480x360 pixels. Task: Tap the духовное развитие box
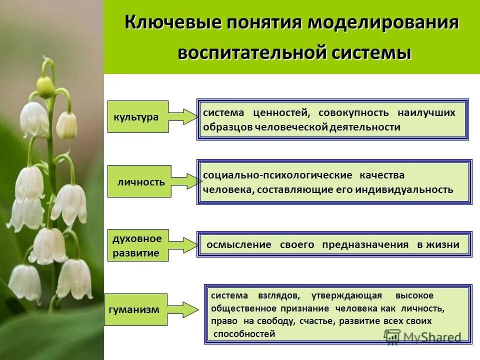tap(137, 245)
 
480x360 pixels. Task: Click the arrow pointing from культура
tap(183, 116)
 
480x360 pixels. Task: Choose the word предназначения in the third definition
tap(365, 245)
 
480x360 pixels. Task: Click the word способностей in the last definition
tap(244, 334)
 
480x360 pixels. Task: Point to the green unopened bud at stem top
tap(45, 87)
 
